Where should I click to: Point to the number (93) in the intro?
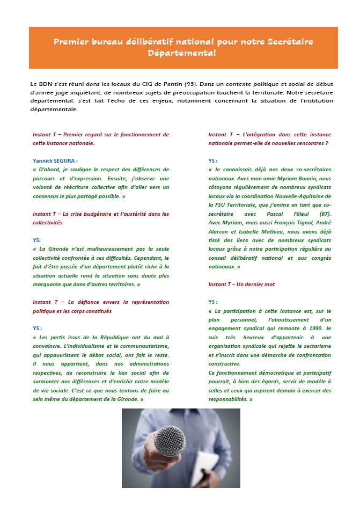click(x=190, y=85)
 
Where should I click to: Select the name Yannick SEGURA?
click(x=55, y=160)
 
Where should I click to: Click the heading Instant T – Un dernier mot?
click(x=241, y=284)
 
